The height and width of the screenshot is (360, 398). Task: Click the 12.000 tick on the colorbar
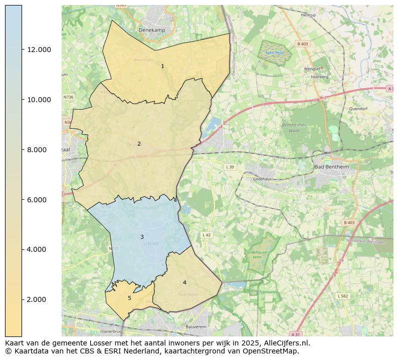coord(39,50)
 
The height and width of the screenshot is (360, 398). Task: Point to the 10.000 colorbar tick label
coord(39,100)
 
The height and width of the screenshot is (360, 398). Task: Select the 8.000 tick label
coord(39,150)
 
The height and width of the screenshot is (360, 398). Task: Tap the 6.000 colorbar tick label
coord(39,200)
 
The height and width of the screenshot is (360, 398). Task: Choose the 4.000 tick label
coord(39,249)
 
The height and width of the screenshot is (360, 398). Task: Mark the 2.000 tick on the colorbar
coord(39,299)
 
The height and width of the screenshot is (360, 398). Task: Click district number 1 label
coord(162,66)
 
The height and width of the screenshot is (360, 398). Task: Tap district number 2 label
coord(139,144)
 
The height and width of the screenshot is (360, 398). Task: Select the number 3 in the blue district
coord(142,237)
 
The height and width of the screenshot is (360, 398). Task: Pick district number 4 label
coord(184,282)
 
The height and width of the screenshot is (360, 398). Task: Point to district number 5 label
coord(129,298)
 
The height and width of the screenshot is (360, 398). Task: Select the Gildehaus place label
coord(262,178)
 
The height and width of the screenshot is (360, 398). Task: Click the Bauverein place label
coord(196,326)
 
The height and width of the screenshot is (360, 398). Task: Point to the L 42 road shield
coord(207,235)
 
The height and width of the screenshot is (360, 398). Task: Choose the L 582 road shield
coord(342,296)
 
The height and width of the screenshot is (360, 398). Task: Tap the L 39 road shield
coord(230,167)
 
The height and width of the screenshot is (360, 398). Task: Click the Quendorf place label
coord(358,108)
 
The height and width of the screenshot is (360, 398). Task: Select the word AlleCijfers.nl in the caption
coord(285,343)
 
